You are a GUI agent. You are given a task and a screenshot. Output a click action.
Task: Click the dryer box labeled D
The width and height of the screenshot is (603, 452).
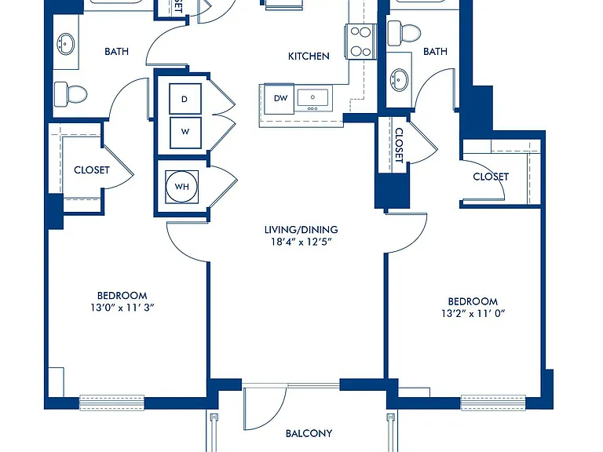tap(185, 99)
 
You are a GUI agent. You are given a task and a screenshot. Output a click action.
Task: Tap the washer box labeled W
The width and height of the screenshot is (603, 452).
tap(185, 132)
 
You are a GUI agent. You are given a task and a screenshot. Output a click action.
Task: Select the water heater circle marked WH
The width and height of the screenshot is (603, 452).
tap(182, 187)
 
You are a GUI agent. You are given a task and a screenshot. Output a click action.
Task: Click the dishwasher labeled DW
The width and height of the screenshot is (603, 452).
tap(280, 98)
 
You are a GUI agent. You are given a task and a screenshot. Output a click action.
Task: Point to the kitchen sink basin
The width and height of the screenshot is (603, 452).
tap(312, 97)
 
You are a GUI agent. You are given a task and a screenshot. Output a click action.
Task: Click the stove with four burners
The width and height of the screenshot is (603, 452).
tap(361, 41)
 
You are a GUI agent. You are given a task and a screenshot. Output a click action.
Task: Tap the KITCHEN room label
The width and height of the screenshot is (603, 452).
tap(309, 56)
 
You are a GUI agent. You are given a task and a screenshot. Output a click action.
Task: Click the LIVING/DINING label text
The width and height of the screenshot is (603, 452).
tap(301, 230)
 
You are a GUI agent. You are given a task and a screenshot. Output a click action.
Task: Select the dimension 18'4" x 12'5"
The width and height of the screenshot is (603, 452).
tap(301, 242)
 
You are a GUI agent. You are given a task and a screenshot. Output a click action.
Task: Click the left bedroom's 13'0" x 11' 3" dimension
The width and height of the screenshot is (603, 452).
tap(122, 308)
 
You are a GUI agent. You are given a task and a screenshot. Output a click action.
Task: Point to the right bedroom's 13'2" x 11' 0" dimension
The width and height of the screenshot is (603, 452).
tap(473, 313)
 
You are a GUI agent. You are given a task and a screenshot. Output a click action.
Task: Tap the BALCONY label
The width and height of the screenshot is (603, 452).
tap(309, 433)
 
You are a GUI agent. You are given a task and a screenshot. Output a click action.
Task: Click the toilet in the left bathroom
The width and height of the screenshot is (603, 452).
tap(71, 94)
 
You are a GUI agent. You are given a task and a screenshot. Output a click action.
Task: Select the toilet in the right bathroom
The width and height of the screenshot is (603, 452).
tap(404, 33)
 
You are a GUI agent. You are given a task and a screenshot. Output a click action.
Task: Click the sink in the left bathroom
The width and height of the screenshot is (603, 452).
tap(66, 43)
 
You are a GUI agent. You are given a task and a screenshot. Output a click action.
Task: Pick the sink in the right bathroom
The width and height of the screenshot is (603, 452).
tap(400, 80)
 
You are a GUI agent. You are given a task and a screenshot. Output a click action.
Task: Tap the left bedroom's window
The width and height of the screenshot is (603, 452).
tap(112, 403)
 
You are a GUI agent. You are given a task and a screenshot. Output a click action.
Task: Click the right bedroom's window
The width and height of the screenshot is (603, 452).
tap(493, 403)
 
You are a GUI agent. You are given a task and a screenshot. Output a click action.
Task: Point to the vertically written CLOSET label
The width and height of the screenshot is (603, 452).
tap(399, 145)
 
